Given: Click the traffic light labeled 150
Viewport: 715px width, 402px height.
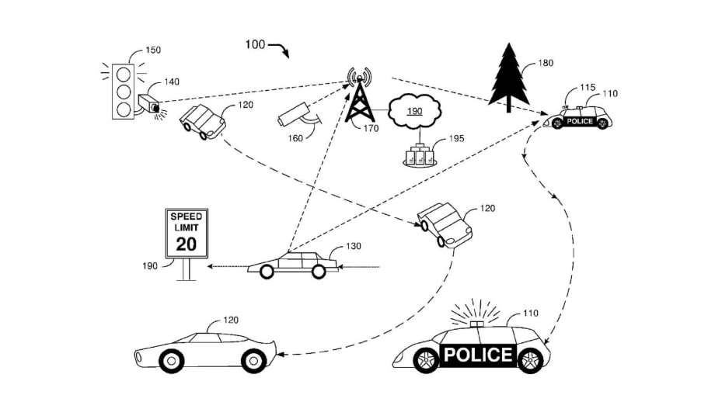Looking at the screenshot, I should click(x=122, y=92).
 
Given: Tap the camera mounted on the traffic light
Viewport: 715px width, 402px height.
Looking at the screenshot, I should click(x=148, y=103).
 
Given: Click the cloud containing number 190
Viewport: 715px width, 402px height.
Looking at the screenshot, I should click(x=414, y=112).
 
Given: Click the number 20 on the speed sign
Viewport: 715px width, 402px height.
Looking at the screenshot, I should click(x=187, y=244).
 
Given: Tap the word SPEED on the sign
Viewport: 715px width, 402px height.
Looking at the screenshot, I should click(x=187, y=215).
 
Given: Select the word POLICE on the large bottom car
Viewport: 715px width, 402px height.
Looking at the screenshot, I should click(x=477, y=355).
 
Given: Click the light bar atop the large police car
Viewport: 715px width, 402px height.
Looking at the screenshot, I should click(x=476, y=322).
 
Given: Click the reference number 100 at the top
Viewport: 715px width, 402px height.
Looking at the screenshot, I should click(x=255, y=44).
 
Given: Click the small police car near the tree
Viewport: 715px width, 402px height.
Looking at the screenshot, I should click(x=581, y=118).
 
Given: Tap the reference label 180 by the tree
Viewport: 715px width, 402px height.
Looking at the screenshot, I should click(x=546, y=64).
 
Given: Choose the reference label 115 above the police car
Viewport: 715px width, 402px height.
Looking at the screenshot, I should click(x=588, y=88).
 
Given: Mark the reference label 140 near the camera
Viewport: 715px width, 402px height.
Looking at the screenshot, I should click(x=171, y=81).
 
